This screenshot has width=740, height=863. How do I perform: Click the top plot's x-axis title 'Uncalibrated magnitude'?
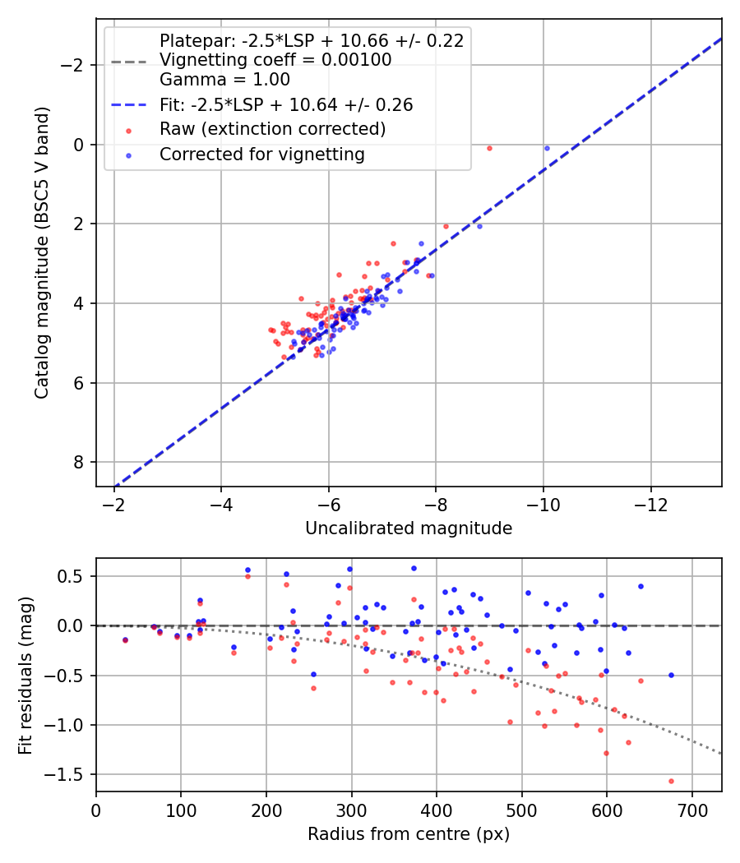click(x=409, y=528)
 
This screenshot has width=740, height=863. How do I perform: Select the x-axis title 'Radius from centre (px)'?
click(x=409, y=834)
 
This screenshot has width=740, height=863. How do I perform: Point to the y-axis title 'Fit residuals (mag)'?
click(x=26, y=675)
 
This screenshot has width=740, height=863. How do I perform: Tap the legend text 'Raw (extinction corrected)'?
click(x=272, y=129)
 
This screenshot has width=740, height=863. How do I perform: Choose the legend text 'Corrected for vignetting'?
click(x=261, y=154)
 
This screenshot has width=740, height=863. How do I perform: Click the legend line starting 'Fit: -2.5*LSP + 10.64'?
click(x=286, y=105)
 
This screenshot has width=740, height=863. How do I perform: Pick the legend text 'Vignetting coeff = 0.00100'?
click(x=275, y=60)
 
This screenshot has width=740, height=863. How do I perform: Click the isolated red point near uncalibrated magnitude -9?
click(x=489, y=148)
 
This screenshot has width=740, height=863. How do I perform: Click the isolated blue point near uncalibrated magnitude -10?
click(x=547, y=148)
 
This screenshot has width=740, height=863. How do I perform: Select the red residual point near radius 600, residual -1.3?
click(x=606, y=753)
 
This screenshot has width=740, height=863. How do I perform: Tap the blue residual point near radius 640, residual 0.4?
click(x=641, y=586)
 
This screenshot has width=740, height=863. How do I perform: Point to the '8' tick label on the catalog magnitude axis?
click(x=79, y=462)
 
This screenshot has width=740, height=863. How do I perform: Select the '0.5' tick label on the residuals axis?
click(x=75, y=576)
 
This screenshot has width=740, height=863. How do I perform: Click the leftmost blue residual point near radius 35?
click(x=125, y=639)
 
